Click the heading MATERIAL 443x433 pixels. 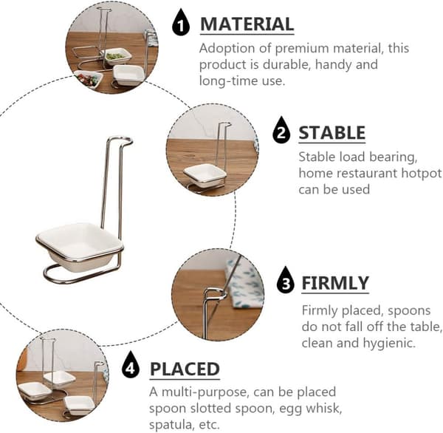247,24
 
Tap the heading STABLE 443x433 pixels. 332,133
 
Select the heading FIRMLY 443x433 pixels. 335,283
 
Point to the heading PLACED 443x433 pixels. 185,369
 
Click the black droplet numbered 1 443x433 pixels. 181,23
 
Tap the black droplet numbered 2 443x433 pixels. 281,130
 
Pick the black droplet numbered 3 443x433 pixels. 286,281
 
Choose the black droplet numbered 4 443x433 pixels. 131,366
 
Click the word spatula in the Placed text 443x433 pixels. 172,425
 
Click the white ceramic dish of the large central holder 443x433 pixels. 80,245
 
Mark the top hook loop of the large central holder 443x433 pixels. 120,140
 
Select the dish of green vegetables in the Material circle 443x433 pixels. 116,55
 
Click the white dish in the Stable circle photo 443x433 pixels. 205,175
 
